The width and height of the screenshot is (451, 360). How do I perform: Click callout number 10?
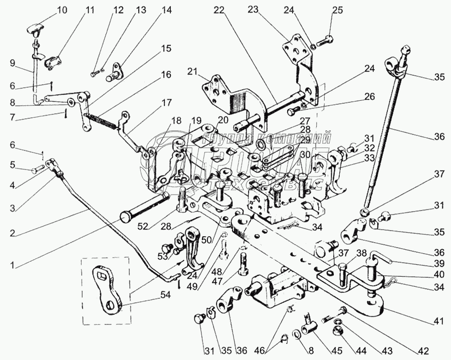click(x=61, y=10)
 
